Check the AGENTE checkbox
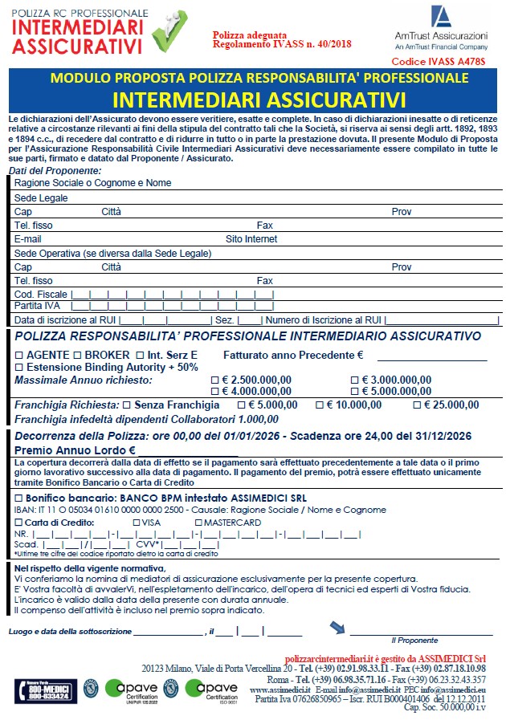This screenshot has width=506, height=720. click(19, 355)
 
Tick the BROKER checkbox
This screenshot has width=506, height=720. click(77, 355)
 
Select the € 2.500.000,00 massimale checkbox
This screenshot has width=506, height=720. click(214, 380)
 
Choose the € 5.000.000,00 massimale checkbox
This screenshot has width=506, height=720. click(356, 391)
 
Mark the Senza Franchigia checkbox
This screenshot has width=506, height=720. click(127, 405)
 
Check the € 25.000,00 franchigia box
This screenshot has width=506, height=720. click(417, 405)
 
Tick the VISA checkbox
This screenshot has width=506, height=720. click(137, 523)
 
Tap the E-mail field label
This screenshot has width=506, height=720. click(27, 239)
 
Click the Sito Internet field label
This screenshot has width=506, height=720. click(251, 239)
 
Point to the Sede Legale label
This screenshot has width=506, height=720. click(41, 197)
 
